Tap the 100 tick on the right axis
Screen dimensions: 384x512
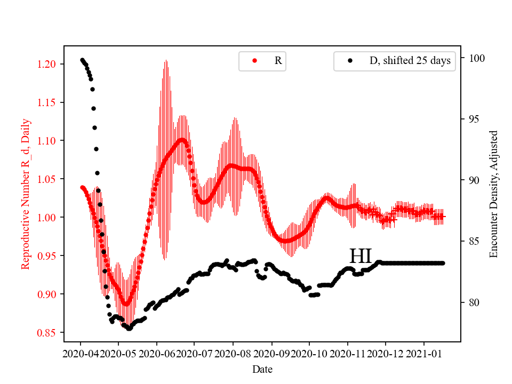pos(473,58)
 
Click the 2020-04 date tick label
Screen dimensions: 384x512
pos(81,354)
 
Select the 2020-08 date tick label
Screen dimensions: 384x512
pos(233,354)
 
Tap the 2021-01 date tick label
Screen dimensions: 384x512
pos(424,354)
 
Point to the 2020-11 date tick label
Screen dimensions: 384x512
pos(348,354)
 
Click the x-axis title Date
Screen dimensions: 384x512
pos(262,369)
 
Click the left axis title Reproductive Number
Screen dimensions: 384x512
pos(25,194)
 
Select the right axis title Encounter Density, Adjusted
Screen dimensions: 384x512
pos(493,194)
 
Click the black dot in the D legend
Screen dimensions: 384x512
pos(350,61)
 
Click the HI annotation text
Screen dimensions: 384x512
pos(360,256)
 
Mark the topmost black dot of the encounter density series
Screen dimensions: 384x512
pos(82,60)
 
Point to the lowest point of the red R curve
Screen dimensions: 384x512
pos(126,303)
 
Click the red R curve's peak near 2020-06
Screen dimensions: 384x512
pos(182,140)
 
